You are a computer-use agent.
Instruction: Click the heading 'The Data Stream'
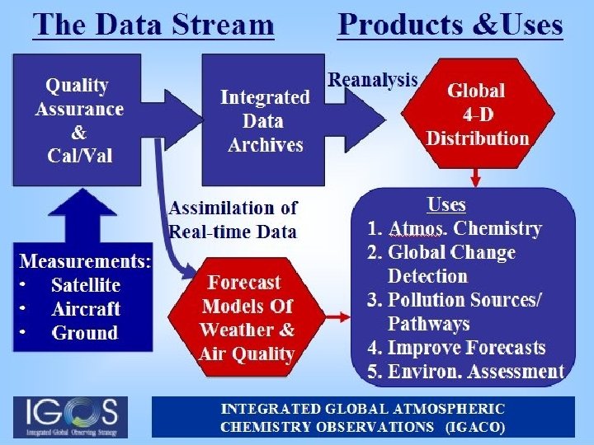coord(153,24)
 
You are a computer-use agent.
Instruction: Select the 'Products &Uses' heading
coord(450,24)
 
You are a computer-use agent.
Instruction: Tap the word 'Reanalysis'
coord(373,80)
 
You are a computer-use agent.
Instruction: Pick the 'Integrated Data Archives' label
coord(265,121)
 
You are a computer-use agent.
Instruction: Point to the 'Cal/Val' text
coord(78,157)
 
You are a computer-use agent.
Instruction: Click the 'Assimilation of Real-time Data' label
coord(233,219)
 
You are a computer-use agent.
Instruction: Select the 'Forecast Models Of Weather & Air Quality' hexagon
coord(247,318)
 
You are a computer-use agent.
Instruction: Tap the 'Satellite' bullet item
coord(85,286)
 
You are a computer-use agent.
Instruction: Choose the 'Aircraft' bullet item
coord(86,310)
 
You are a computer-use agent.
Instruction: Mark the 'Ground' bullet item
coord(84,334)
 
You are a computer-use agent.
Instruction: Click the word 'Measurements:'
coord(86,262)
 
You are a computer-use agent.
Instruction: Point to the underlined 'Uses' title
coord(446,205)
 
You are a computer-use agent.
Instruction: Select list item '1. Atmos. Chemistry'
coord(454,229)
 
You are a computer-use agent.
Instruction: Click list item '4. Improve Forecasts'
coord(456,348)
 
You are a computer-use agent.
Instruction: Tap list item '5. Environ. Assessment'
coord(465,372)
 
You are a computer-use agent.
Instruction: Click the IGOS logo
coord(71,417)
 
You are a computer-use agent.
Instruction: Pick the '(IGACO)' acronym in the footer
coord(475,428)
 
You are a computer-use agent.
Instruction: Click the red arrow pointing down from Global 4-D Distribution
coord(476,176)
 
